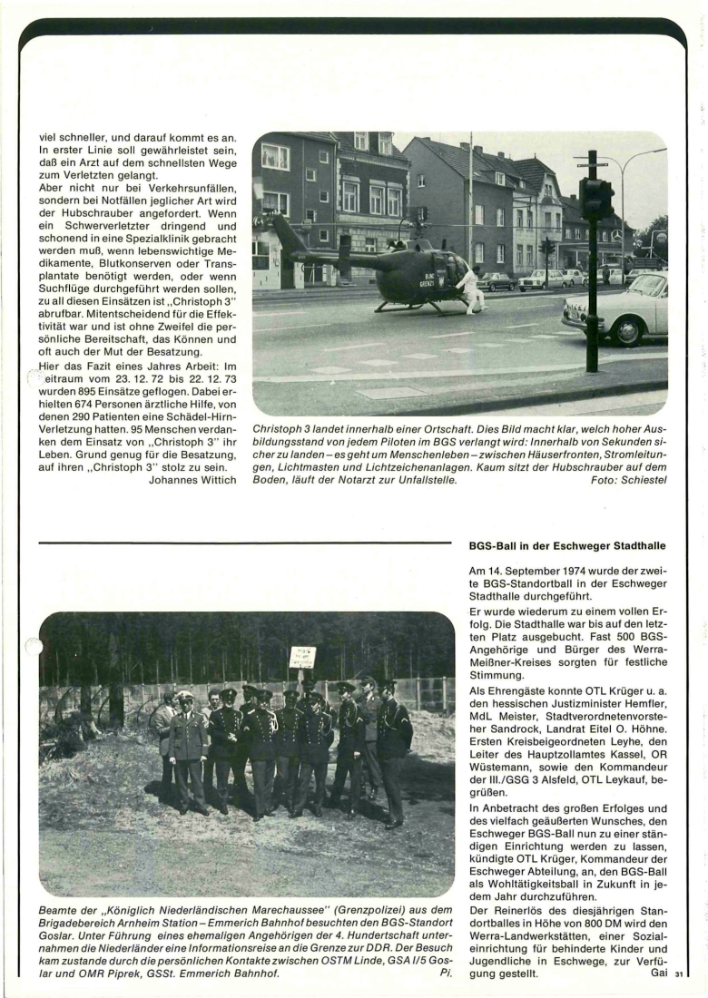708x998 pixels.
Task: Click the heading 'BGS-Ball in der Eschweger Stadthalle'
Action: pos(567,545)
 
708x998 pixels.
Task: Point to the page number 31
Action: pos(679,974)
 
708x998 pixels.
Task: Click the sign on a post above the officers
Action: pos(302,658)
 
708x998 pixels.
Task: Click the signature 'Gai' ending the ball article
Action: pos(659,973)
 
